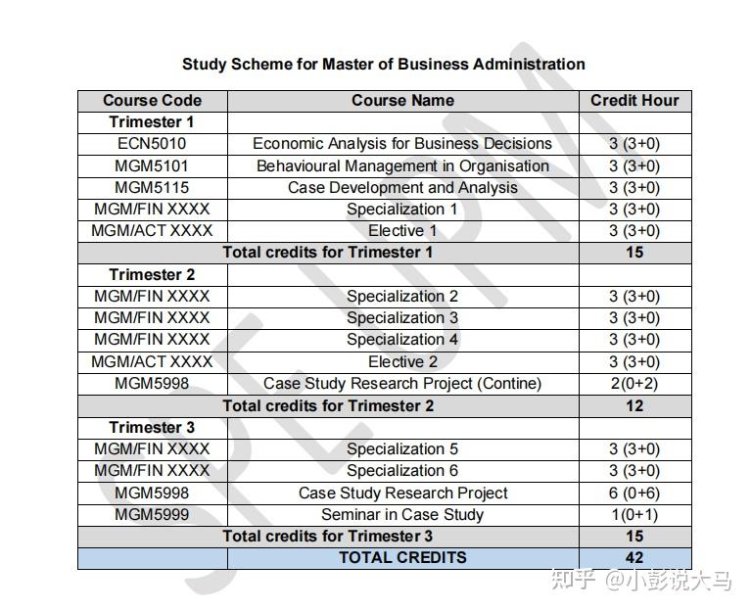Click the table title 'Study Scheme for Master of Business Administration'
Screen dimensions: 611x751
coord(383,65)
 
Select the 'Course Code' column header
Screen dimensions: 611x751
coord(152,100)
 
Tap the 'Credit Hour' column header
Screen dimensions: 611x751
coord(634,100)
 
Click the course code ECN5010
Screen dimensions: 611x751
coord(152,143)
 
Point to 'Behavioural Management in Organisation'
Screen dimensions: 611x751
coord(402,165)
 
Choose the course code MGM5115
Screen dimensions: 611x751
coord(152,187)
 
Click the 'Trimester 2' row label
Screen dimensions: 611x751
coord(152,274)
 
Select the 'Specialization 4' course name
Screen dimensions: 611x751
coord(402,339)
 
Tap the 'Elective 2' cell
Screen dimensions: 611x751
coord(402,361)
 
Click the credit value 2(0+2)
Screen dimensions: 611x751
coord(634,383)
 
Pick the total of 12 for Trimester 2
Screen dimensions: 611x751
coord(634,405)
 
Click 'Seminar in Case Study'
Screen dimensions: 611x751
coord(402,514)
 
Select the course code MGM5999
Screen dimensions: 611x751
coord(152,514)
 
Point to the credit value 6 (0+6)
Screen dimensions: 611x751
coord(634,493)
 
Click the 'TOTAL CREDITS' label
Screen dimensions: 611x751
coord(402,557)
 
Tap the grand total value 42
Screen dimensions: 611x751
coord(634,557)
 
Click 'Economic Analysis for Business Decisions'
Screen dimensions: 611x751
coord(402,143)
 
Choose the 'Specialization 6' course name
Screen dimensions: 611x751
coord(402,470)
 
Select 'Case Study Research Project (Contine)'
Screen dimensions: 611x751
coord(402,383)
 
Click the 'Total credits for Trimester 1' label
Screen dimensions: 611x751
coord(327,252)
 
